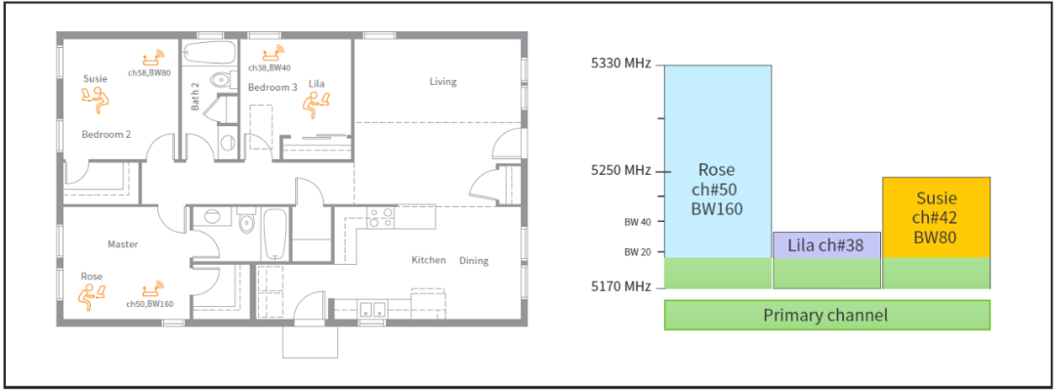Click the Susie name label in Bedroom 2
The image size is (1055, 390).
pyautogui.click(x=96, y=79)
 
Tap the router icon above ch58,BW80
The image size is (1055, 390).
pyautogui.click(x=154, y=58)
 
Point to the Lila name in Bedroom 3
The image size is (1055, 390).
pyautogui.click(x=316, y=83)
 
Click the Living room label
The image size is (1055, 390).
pyautogui.click(x=443, y=82)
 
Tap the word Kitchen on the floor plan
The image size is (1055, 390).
pyautogui.click(x=429, y=260)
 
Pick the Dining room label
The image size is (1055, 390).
pyautogui.click(x=474, y=261)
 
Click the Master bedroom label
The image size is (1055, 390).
pyautogui.click(x=122, y=244)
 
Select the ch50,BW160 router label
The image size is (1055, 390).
pyautogui.click(x=150, y=304)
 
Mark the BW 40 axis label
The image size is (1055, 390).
pyautogui.click(x=638, y=222)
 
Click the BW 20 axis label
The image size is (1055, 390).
pyautogui.click(x=638, y=252)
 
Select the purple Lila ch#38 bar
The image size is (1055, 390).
pyautogui.click(x=827, y=245)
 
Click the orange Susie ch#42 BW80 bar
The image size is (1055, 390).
pyautogui.click(x=936, y=218)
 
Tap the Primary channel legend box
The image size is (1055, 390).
pyautogui.click(x=827, y=315)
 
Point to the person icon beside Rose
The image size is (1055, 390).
pyautogui.click(x=91, y=294)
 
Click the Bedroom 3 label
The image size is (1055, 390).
pyautogui.click(x=273, y=88)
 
